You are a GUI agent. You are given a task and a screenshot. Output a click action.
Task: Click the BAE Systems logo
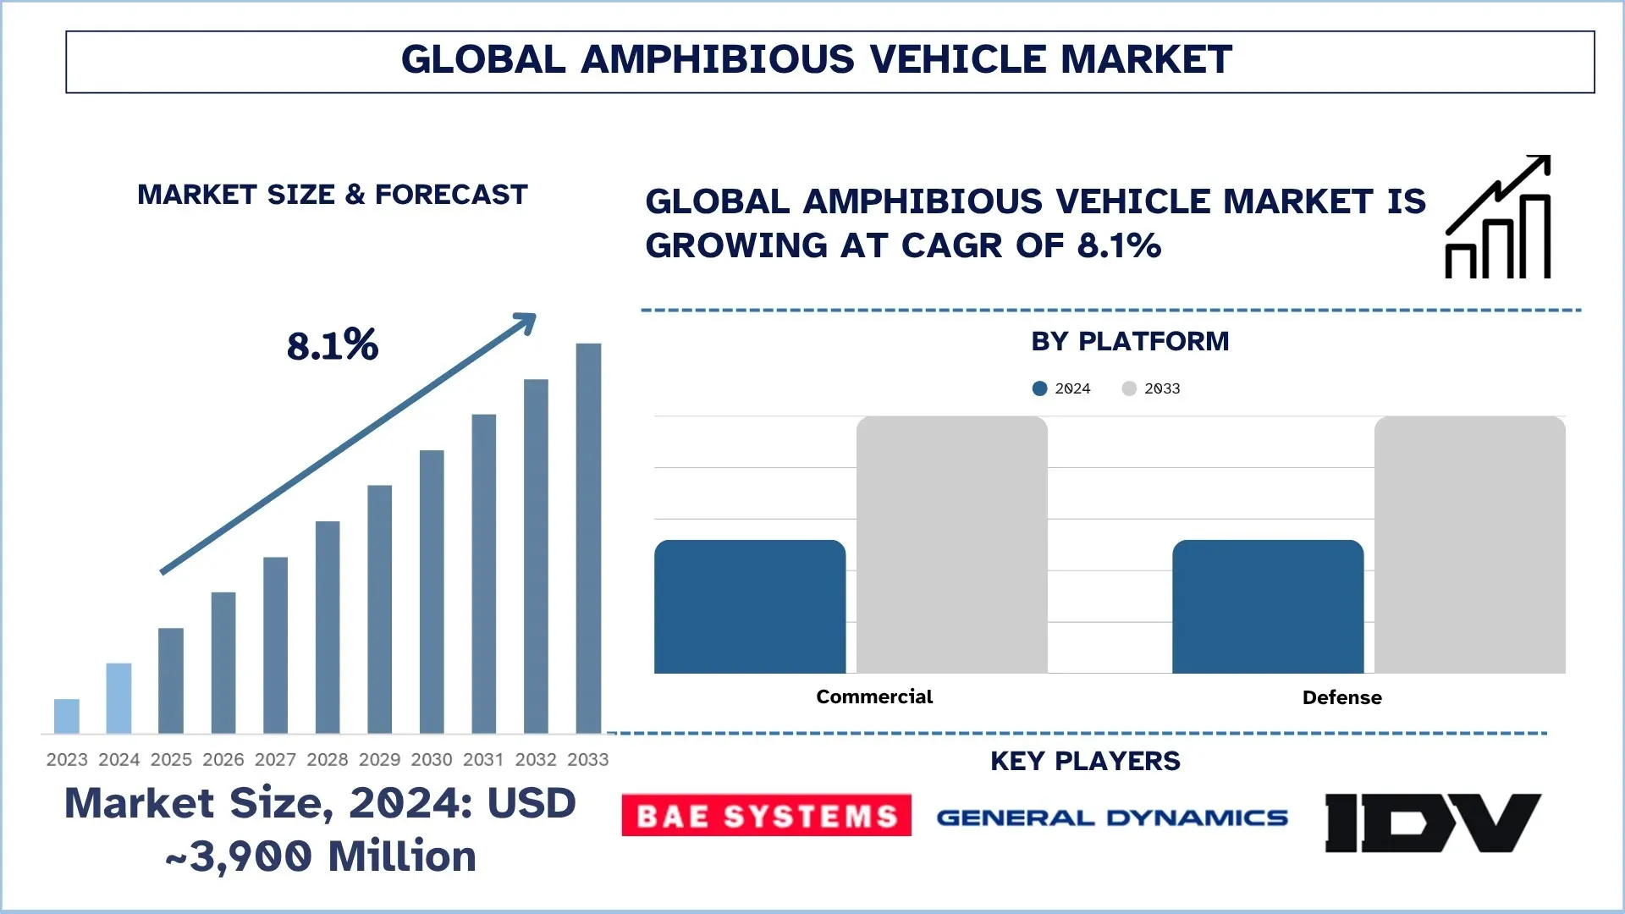pos(766,815)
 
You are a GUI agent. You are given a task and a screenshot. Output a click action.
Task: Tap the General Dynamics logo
pos(1111,818)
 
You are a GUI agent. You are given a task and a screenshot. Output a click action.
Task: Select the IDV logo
pos(1432,822)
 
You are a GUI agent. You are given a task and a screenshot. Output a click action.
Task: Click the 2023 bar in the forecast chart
pos(67,716)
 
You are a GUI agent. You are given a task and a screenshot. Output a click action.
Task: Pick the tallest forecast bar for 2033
pos(588,537)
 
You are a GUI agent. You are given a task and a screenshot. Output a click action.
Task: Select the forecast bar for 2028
pos(328,626)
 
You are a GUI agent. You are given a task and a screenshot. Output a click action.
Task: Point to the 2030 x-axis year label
pos(432,760)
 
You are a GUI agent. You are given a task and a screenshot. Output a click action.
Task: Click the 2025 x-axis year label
pos(171,760)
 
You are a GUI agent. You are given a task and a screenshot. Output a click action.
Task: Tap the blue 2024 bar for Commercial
pos(750,607)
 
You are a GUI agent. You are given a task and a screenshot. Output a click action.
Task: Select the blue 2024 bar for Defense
pos(1268,607)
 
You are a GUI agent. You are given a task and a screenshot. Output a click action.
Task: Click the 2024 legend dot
pos(1039,388)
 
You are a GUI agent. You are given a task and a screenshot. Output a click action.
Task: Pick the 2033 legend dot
pos(1129,388)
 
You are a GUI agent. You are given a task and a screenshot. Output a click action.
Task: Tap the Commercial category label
pos(874,697)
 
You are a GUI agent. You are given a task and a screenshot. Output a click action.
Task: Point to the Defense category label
pos(1341,697)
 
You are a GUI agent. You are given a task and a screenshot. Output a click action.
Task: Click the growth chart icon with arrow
pos(1498,217)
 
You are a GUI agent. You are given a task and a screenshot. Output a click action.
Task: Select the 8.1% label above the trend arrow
pos(333,345)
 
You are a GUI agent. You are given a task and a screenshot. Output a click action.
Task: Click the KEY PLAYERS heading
pos(1085,761)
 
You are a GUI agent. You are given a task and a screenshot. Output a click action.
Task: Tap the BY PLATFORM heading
pos(1130,341)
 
